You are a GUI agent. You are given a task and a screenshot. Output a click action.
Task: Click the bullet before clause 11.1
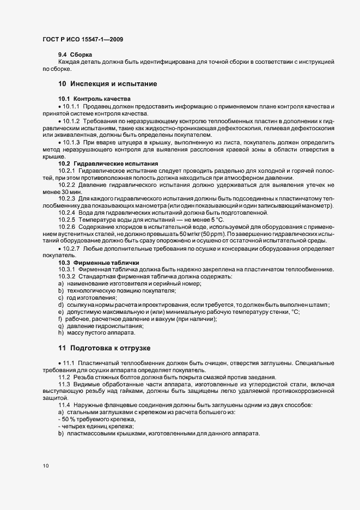(59, 362)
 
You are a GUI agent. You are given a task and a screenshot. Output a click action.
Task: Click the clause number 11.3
(64, 384)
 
